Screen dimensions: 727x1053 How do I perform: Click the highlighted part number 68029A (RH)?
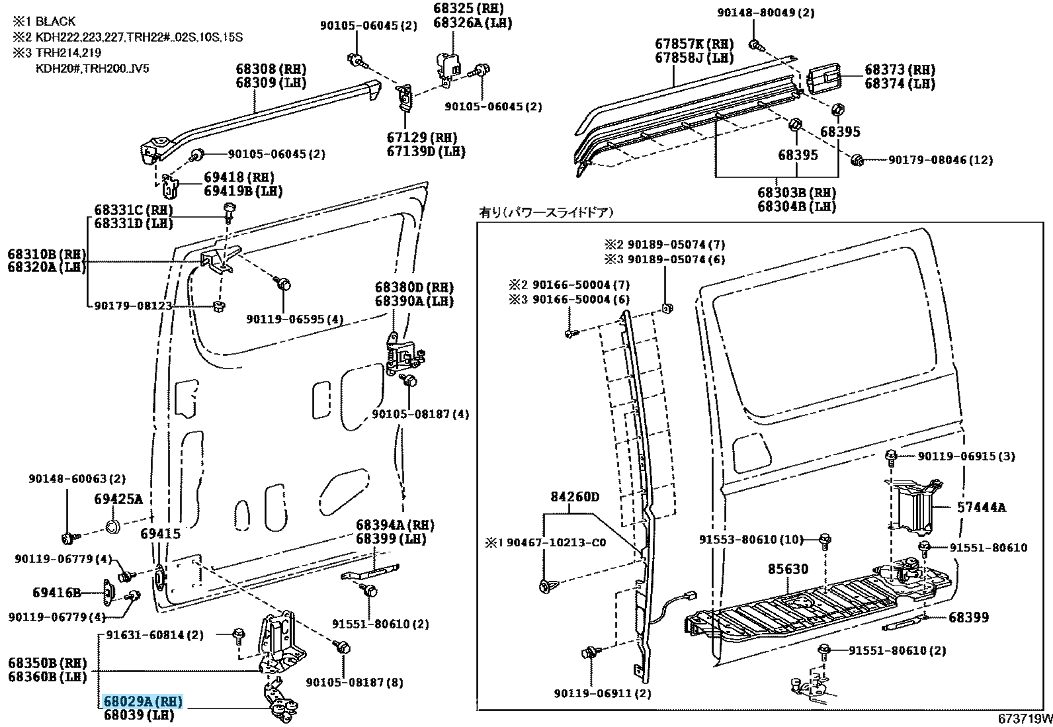[142, 701]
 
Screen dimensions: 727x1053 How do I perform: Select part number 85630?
[788, 569]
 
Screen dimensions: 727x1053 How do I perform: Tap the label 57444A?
[982, 507]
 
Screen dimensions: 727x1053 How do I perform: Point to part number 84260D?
[575, 496]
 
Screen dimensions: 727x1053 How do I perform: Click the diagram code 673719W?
[1025, 719]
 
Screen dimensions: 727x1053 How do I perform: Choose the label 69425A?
[118, 499]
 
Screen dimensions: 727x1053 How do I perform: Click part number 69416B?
[57, 593]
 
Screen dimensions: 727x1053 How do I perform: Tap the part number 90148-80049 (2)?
[766, 13]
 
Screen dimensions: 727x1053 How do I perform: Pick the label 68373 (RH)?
[900, 70]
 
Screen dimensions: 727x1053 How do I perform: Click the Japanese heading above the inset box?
[546, 212]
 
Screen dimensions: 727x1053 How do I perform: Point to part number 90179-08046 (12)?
[940, 160]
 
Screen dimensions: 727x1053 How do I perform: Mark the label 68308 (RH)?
[271, 69]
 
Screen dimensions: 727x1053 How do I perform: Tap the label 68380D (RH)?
[414, 288]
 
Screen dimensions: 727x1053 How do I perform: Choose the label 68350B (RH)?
[48, 663]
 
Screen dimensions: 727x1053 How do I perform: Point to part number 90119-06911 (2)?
[602, 693]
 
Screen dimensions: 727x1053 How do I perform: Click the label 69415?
[160, 533]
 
